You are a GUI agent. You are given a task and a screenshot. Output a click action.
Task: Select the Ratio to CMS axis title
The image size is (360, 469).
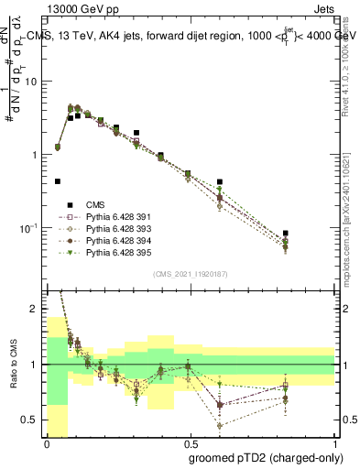(13, 366)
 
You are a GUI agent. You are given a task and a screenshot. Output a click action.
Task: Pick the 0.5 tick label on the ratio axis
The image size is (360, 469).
(33, 420)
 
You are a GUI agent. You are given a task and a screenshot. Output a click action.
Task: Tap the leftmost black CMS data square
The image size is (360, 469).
(58, 181)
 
